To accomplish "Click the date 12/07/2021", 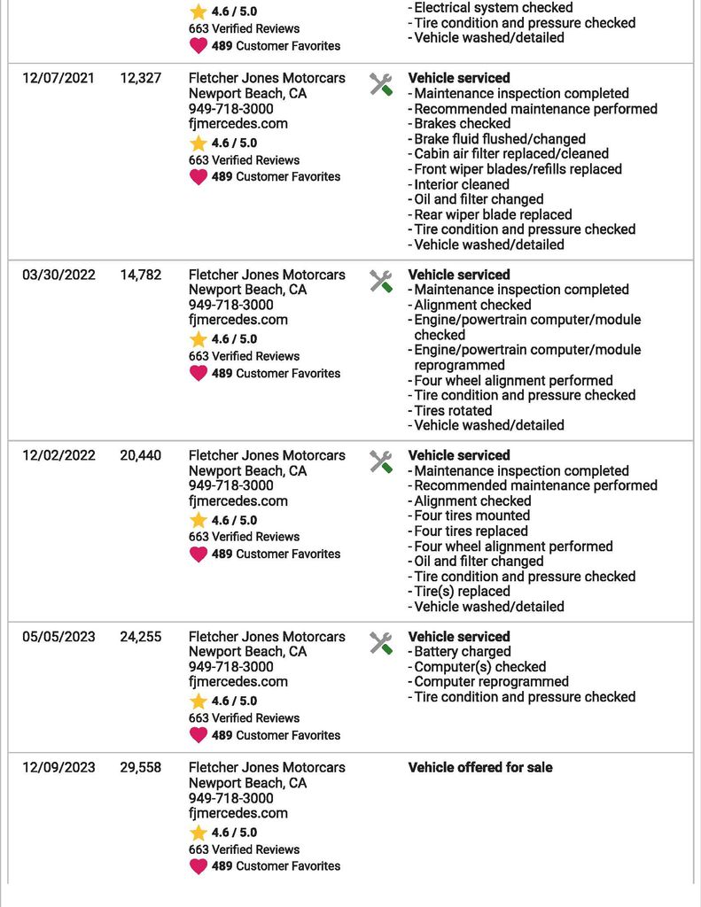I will click(58, 78).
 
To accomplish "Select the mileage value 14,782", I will click(141, 275).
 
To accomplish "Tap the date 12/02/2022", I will click(58, 455).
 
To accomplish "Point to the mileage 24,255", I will click(141, 637).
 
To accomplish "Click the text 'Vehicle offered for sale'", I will click(479, 767).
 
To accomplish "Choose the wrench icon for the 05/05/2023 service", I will click(381, 643).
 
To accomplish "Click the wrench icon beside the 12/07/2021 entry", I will click(381, 84).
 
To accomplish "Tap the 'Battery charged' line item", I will click(462, 652).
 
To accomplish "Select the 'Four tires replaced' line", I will click(471, 531).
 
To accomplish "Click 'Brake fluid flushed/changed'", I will click(499, 139).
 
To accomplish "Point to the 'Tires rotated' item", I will click(452, 410).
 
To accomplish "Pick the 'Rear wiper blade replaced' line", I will click(493, 214).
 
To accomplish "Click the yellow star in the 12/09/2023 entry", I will click(199, 833).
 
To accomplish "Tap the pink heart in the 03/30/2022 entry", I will click(199, 373).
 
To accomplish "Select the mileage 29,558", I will click(141, 767).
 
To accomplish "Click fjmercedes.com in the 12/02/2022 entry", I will click(238, 500).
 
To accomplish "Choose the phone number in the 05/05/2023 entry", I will click(230, 667).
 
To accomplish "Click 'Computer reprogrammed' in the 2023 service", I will click(491, 682).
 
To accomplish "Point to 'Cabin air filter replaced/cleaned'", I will click(511, 154).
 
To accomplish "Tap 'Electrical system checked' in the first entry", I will click(494, 8).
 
